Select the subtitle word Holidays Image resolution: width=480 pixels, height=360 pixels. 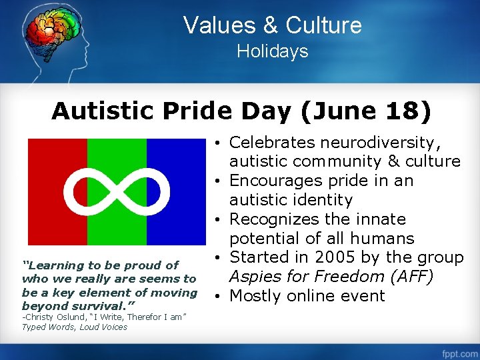tap(273, 51)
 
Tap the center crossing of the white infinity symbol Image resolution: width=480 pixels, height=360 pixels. tap(117, 191)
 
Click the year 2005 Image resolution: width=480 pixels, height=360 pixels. tap(331, 257)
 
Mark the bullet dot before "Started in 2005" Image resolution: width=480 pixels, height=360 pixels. tap(219, 258)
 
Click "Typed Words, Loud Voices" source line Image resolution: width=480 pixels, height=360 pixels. tap(74, 327)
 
